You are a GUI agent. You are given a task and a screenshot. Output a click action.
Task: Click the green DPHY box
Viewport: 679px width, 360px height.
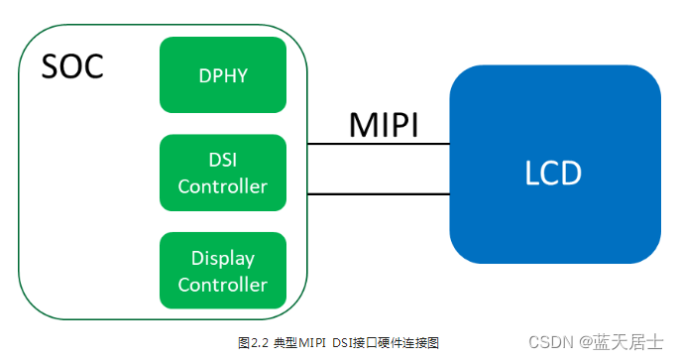pyautogui.click(x=223, y=75)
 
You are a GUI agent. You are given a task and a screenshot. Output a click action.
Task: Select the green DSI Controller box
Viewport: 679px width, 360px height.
pyautogui.click(x=223, y=173)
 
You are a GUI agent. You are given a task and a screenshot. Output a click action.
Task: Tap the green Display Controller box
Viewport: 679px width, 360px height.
pyautogui.click(x=223, y=271)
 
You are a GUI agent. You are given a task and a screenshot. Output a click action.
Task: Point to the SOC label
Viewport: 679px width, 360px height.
pyautogui.click(x=71, y=67)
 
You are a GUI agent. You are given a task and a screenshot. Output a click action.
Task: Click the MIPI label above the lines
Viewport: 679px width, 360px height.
pyautogui.click(x=383, y=125)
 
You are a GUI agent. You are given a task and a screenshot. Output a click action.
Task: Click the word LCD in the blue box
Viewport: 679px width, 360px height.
pyautogui.click(x=553, y=174)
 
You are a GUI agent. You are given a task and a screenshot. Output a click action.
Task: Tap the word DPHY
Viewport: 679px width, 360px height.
pyautogui.click(x=223, y=75)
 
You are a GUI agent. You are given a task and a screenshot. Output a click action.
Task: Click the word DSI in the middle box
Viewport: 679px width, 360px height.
pyautogui.click(x=223, y=161)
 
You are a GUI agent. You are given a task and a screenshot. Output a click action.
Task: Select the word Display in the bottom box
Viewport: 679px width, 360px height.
pyautogui.click(x=223, y=259)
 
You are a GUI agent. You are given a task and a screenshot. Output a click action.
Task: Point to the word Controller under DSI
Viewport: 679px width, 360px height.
pyautogui.click(x=223, y=185)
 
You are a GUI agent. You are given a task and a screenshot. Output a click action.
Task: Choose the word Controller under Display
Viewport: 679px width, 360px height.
pyautogui.click(x=223, y=285)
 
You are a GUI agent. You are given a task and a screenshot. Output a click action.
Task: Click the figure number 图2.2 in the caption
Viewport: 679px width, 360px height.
pyautogui.click(x=254, y=342)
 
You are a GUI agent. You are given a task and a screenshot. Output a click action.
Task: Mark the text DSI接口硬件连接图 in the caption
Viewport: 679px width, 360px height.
pyautogui.click(x=390, y=342)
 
